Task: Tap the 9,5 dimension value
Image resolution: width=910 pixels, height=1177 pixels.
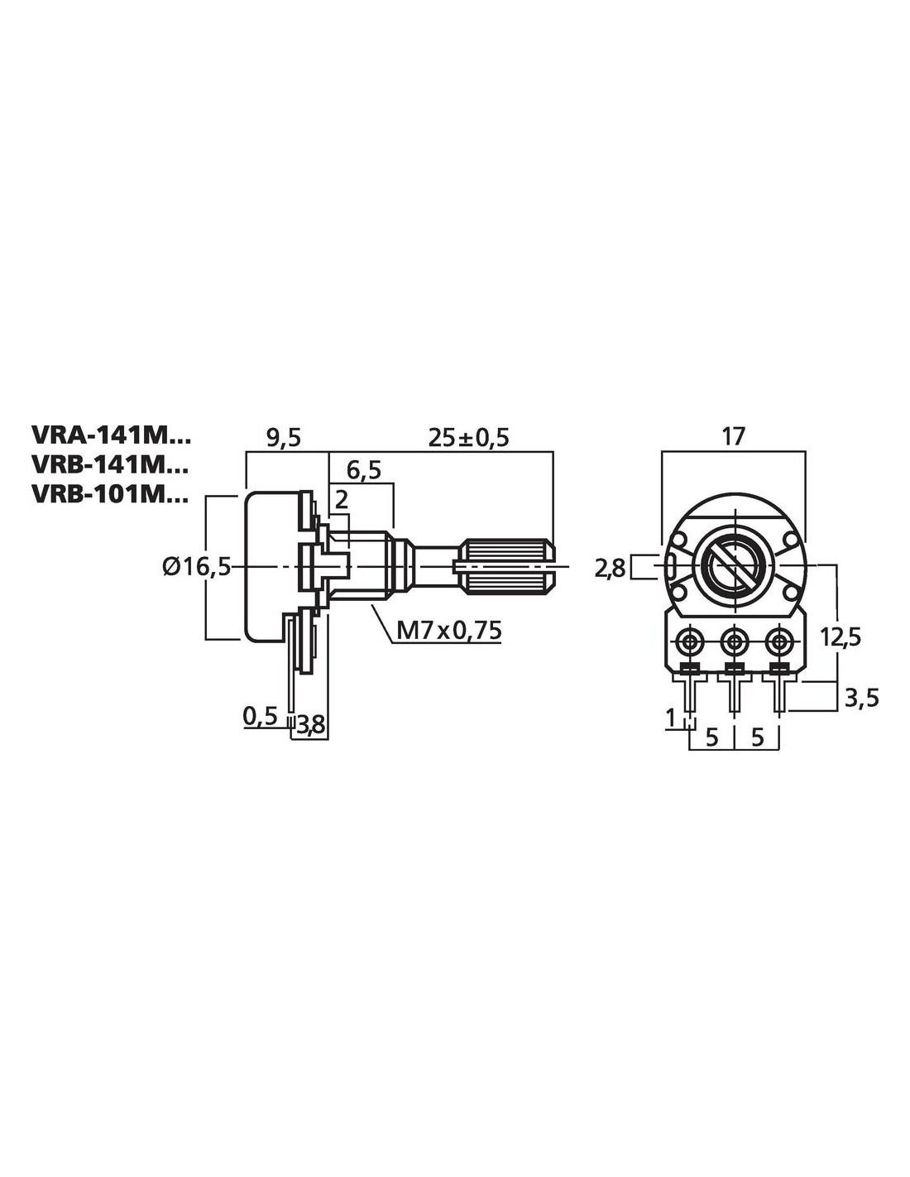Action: [x=284, y=438]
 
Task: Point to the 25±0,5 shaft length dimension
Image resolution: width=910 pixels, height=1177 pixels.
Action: [x=467, y=438]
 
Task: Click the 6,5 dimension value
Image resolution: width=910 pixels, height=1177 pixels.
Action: [x=364, y=470]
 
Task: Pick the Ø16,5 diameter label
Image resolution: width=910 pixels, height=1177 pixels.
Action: [x=196, y=567]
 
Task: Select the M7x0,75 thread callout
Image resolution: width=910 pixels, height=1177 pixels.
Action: [x=449, y=630]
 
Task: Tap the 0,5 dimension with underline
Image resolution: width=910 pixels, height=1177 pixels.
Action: [x=261, y=715]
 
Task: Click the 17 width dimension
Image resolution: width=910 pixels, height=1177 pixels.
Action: [x=733, y=435]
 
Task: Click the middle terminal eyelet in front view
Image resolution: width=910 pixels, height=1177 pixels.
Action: [x=733, y=641]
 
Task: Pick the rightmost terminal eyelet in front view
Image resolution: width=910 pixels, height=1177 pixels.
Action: [x=778, y=641]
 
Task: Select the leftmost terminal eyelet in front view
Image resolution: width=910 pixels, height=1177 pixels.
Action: [x=688, y=641]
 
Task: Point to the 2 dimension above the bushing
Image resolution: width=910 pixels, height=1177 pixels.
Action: [x=340, y=498]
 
